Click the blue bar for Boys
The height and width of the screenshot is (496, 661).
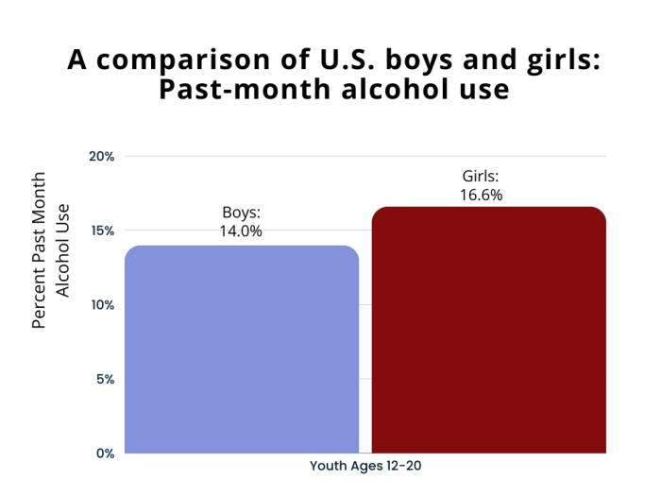tap(242, 350)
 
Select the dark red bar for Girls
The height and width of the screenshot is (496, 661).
tap(488, 330)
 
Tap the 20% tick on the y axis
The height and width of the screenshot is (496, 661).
tap(101, 157)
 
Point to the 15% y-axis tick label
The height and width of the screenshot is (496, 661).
tap(101, 231)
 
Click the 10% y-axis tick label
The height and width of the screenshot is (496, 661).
tap(101, 305)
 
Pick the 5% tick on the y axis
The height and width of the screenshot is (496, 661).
tap(104, 380)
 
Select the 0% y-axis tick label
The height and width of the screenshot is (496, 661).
tap(104, 453)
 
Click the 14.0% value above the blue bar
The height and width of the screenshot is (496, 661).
tap(241, 230)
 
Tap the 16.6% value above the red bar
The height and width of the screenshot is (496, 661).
tap(482, 195)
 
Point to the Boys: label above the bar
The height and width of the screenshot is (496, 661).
tap(241, 212)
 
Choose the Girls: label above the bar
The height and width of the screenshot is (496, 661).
tap(482, 177)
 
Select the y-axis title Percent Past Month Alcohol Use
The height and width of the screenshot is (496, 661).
tap(51, 249)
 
